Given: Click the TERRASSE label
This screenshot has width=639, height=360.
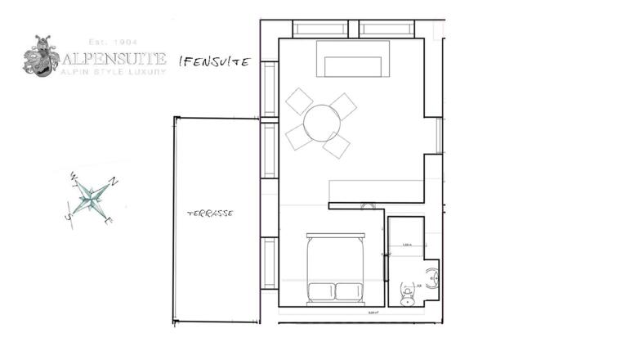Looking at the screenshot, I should (x=211, y=213).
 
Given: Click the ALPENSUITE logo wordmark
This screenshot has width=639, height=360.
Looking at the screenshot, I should (x=112, y=59).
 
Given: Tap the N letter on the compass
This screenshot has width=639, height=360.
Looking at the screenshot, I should (x=114, y=181).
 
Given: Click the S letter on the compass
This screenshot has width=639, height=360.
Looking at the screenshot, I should (x=69, y=217).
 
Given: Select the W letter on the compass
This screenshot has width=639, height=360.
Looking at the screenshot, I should (x=74, y=175).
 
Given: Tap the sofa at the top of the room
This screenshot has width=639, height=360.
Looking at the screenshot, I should (x=353, y=59).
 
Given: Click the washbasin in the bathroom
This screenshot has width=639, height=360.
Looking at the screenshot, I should (x=434, y=279).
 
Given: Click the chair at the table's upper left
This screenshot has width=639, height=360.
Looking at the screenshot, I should (x=299, y=101).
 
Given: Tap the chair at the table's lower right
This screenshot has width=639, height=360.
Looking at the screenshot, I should (x=336, y=146).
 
